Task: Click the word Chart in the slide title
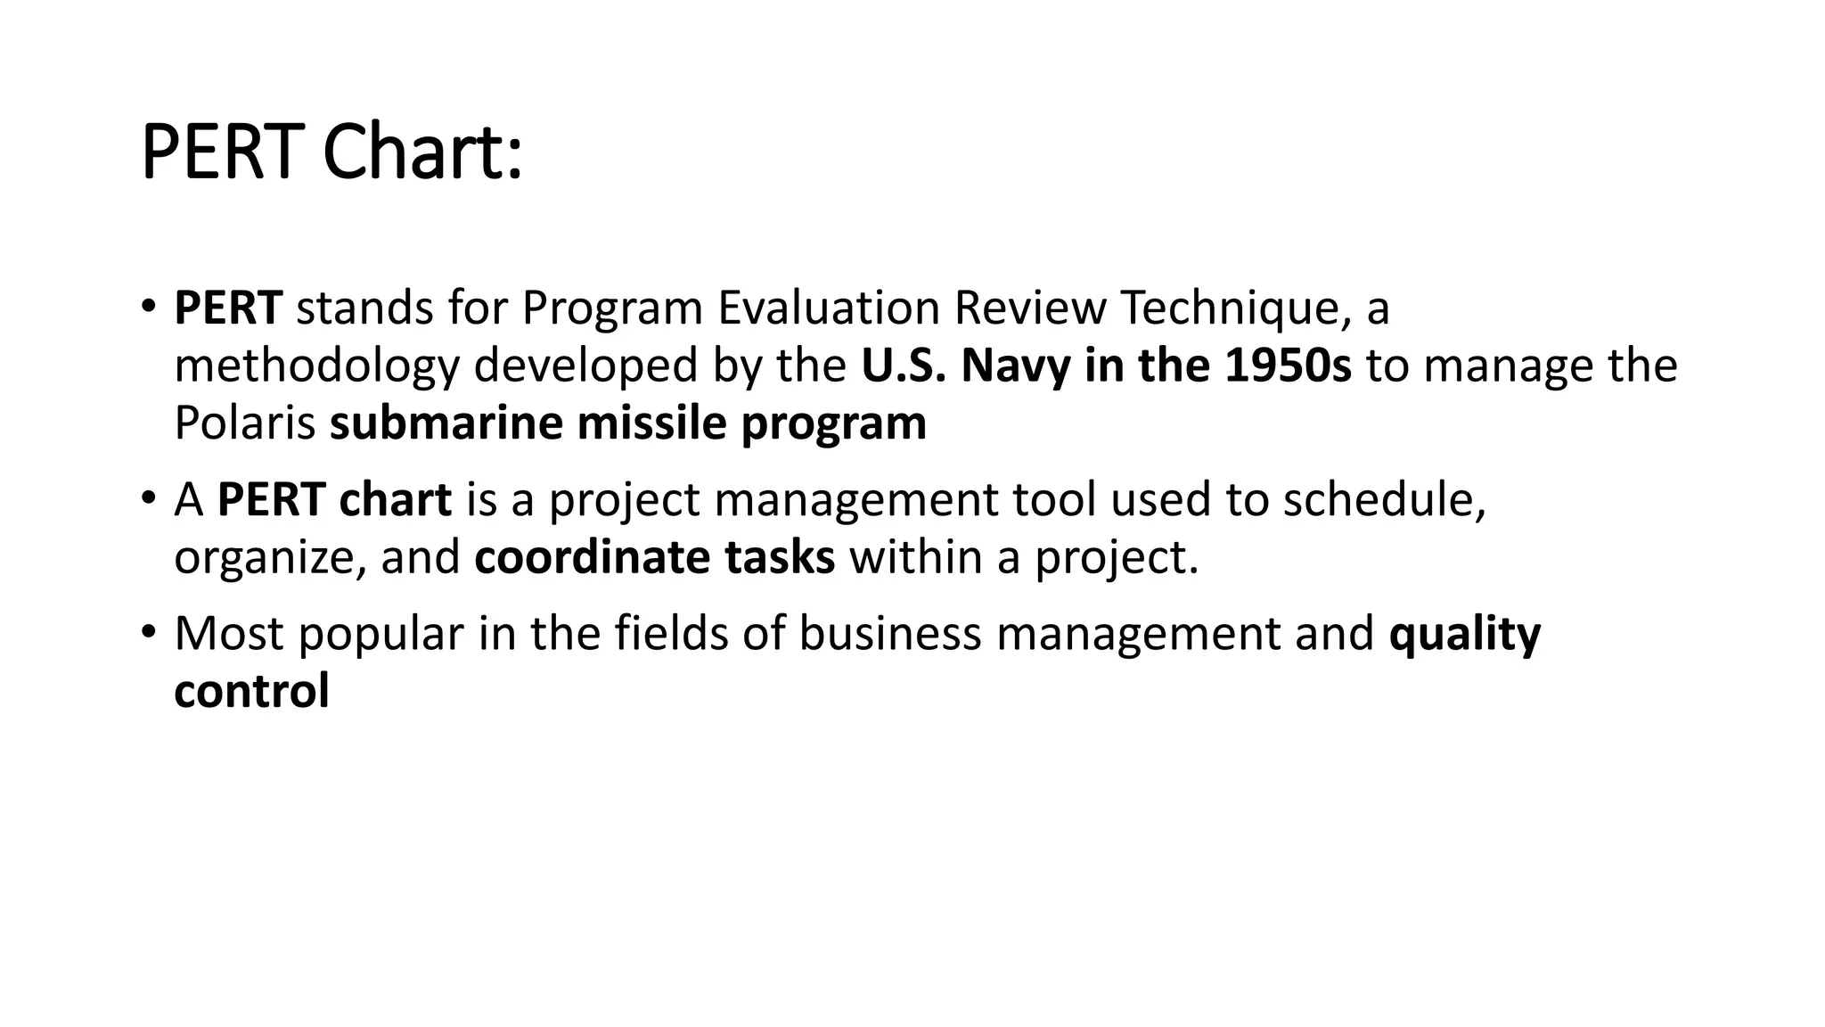pos(421,153)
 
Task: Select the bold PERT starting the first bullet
pos(228,308)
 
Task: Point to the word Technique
pos(1230,308)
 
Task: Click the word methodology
pos(316,366)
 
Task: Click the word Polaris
pos(244,423)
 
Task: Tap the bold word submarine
pos(446,423)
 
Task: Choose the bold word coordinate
pos(592,557)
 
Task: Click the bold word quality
pos(1464,633)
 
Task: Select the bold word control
pos(251,691)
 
